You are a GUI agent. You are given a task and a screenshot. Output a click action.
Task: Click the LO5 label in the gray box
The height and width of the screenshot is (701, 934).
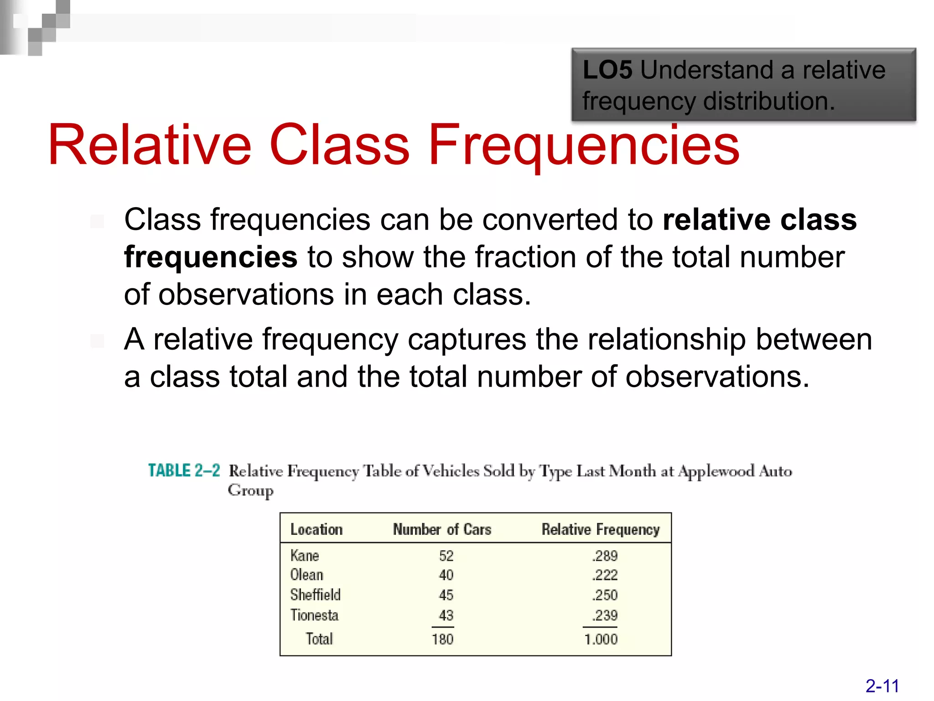coord(607,70)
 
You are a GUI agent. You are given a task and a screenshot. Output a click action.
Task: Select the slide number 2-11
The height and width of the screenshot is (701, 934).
coord(882,686)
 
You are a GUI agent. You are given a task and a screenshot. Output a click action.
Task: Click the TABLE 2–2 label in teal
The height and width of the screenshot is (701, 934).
coord(184,471)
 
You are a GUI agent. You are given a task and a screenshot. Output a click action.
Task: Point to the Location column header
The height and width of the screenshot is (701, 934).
coord(317,529)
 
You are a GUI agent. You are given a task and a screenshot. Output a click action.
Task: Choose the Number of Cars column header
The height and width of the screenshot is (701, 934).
coord(442,529)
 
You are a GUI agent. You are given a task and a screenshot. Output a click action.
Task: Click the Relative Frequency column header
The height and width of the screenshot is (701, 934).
coord(601,529)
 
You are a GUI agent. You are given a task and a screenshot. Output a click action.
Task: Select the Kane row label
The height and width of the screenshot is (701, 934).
coord(305,555)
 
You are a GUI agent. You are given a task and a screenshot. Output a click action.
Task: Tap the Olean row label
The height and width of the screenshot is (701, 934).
coord(306,575)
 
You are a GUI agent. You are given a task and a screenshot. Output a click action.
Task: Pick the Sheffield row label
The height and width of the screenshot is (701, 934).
coord(315,595)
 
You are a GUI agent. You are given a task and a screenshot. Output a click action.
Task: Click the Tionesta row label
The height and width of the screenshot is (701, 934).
coord(314,615)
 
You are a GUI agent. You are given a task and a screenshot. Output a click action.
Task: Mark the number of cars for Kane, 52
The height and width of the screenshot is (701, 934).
coord(446,556)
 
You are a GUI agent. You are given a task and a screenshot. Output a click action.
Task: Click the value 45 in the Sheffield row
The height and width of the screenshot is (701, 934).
coord(446,595)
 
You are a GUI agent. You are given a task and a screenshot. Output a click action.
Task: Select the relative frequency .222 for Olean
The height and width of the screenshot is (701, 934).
coord(605,575)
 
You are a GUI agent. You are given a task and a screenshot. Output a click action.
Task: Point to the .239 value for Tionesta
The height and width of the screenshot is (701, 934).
coord(605,615)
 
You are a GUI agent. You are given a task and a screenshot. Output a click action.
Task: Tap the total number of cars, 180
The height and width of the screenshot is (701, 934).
coord(442,639)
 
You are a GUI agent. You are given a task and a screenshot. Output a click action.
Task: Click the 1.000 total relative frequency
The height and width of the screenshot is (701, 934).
coord(601,639)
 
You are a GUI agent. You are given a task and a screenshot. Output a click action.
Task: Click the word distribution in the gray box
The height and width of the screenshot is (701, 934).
coord(769,101)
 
